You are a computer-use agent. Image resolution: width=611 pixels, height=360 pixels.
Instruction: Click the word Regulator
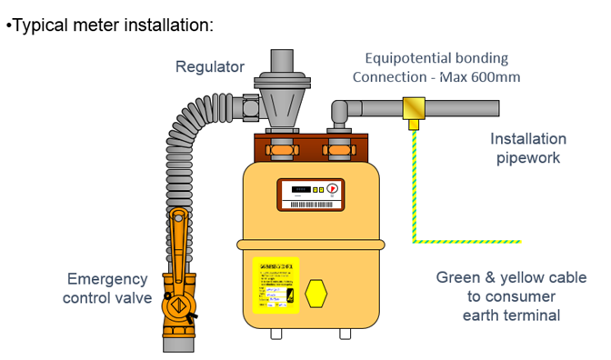click(x=210, y=66)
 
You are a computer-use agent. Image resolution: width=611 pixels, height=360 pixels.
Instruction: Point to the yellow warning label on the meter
click(x=275, y=285)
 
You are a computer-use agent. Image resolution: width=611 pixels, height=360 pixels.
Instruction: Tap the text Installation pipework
click(x=527, y=148)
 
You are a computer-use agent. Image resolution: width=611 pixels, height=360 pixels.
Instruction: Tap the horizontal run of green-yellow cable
click(x=467, y=241)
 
